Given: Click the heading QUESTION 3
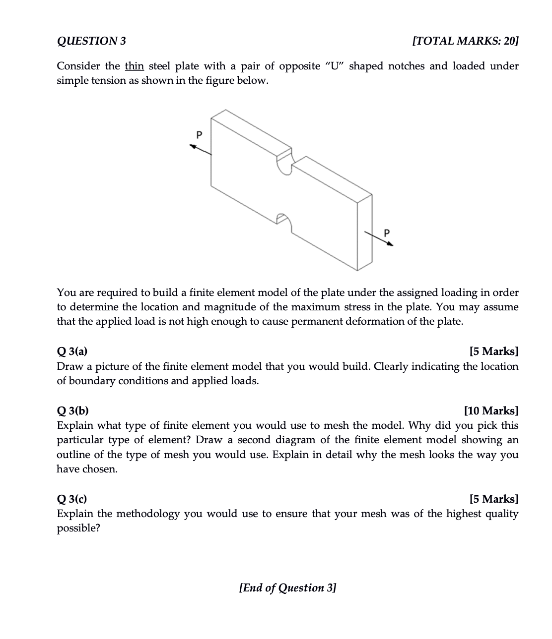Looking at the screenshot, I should [x=91, y=41].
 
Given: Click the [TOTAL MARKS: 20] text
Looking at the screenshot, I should [x=465, y=41].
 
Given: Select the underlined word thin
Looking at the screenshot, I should [x=134, y=66].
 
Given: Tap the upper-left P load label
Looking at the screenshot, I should [x=200, y=134].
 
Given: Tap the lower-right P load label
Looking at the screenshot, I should [x=387, y=232].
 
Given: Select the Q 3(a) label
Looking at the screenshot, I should [x=72, y=351].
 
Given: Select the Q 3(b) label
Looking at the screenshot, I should [x=73, y=410].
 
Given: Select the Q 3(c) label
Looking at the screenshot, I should [x=72, y=499].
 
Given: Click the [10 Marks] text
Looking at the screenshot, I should [x=491, y=410].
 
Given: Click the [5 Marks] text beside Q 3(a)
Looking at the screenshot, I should [x=493, y=351].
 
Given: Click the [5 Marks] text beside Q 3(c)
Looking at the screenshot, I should [x=493, y=499].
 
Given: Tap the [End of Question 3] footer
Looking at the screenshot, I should [x=287, y=587].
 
